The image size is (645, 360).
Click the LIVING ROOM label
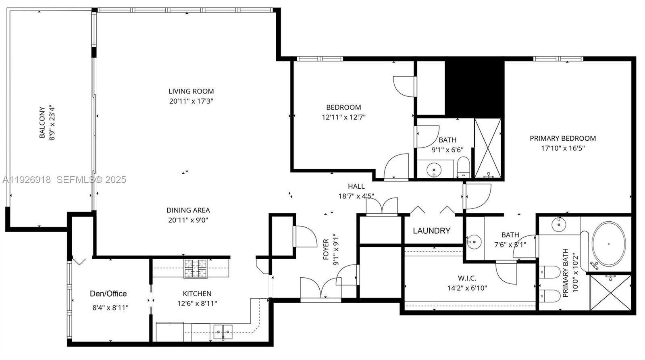(x=191, y=91)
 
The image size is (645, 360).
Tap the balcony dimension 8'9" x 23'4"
(x=52, y=123)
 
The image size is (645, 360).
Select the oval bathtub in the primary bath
(x=608, y=243)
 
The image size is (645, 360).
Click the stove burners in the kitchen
(x=196, y=268)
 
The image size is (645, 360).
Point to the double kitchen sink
(x=223, y=332)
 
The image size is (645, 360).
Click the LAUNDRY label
(x=431, y=231)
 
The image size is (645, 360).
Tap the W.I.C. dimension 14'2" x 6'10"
(x=467, y=288)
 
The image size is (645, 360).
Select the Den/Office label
(x=108, y=294)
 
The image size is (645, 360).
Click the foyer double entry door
(x=321, y=289)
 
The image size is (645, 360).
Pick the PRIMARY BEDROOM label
(x=563, y=138)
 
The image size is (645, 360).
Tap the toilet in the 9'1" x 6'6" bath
(x=463, y=168)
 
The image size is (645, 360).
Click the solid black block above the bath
(x=474, y=87)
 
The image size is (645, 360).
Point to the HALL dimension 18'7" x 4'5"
(x=356, y=196)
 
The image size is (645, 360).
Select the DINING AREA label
(x=188, y=210)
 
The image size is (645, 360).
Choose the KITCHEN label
(x=197, y=293)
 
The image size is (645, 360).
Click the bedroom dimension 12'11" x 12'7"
(x=343, y=117)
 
